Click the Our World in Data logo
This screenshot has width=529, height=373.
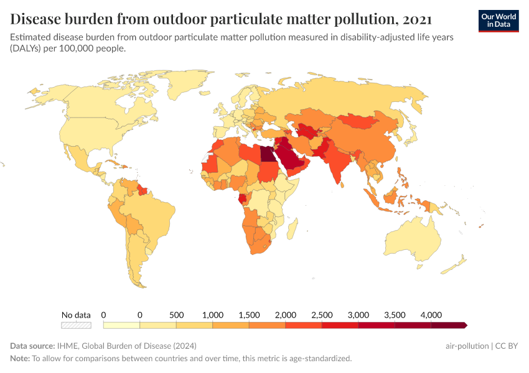coord(498,21)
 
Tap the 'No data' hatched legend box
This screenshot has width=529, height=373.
coord(76,325)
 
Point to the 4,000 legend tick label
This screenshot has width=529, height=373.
coord(431,315)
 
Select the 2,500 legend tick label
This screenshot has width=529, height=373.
coord(322,315)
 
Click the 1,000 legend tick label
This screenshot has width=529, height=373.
coord(213,315)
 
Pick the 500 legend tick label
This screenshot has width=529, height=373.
coord(176,315)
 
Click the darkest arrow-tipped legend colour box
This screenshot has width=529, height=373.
coord(447,325)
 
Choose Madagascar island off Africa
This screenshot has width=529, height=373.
coord(291,231)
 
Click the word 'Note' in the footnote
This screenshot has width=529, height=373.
coord(20,358)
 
